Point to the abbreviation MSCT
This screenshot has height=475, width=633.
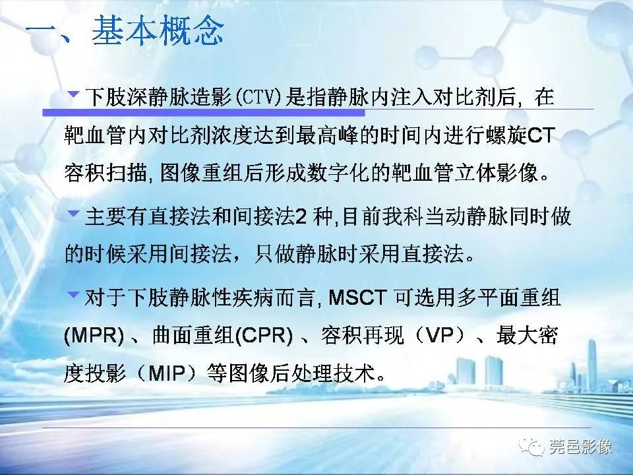coord(359,299)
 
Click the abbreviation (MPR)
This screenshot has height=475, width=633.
coord(94,337)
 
